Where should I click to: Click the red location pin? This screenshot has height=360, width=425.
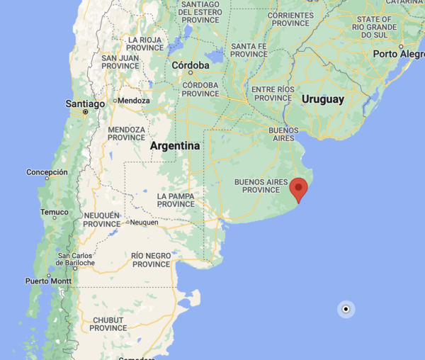point(300,189)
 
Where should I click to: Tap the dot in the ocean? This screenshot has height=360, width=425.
point(346,309)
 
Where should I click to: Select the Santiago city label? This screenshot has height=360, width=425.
point(84,103)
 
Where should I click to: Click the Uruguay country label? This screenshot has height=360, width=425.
point(322,99)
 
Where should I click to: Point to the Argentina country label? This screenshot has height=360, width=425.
point(176,146)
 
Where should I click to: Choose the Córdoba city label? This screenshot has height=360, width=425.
point(191,65)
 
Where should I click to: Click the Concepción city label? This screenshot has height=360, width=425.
point(47,172)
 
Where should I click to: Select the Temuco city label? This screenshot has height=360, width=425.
point(55,212)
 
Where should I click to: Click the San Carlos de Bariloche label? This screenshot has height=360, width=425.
point(76,259)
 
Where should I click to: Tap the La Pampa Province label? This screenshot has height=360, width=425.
point(176,200)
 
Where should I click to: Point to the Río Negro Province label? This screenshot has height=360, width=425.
point(152,259)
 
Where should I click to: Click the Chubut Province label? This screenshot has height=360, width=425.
point(108,324)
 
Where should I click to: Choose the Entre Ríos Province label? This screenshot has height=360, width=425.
point(273,93)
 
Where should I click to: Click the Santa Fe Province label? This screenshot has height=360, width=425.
point(249,50)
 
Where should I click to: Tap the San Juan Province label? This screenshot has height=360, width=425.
point(120,62)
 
